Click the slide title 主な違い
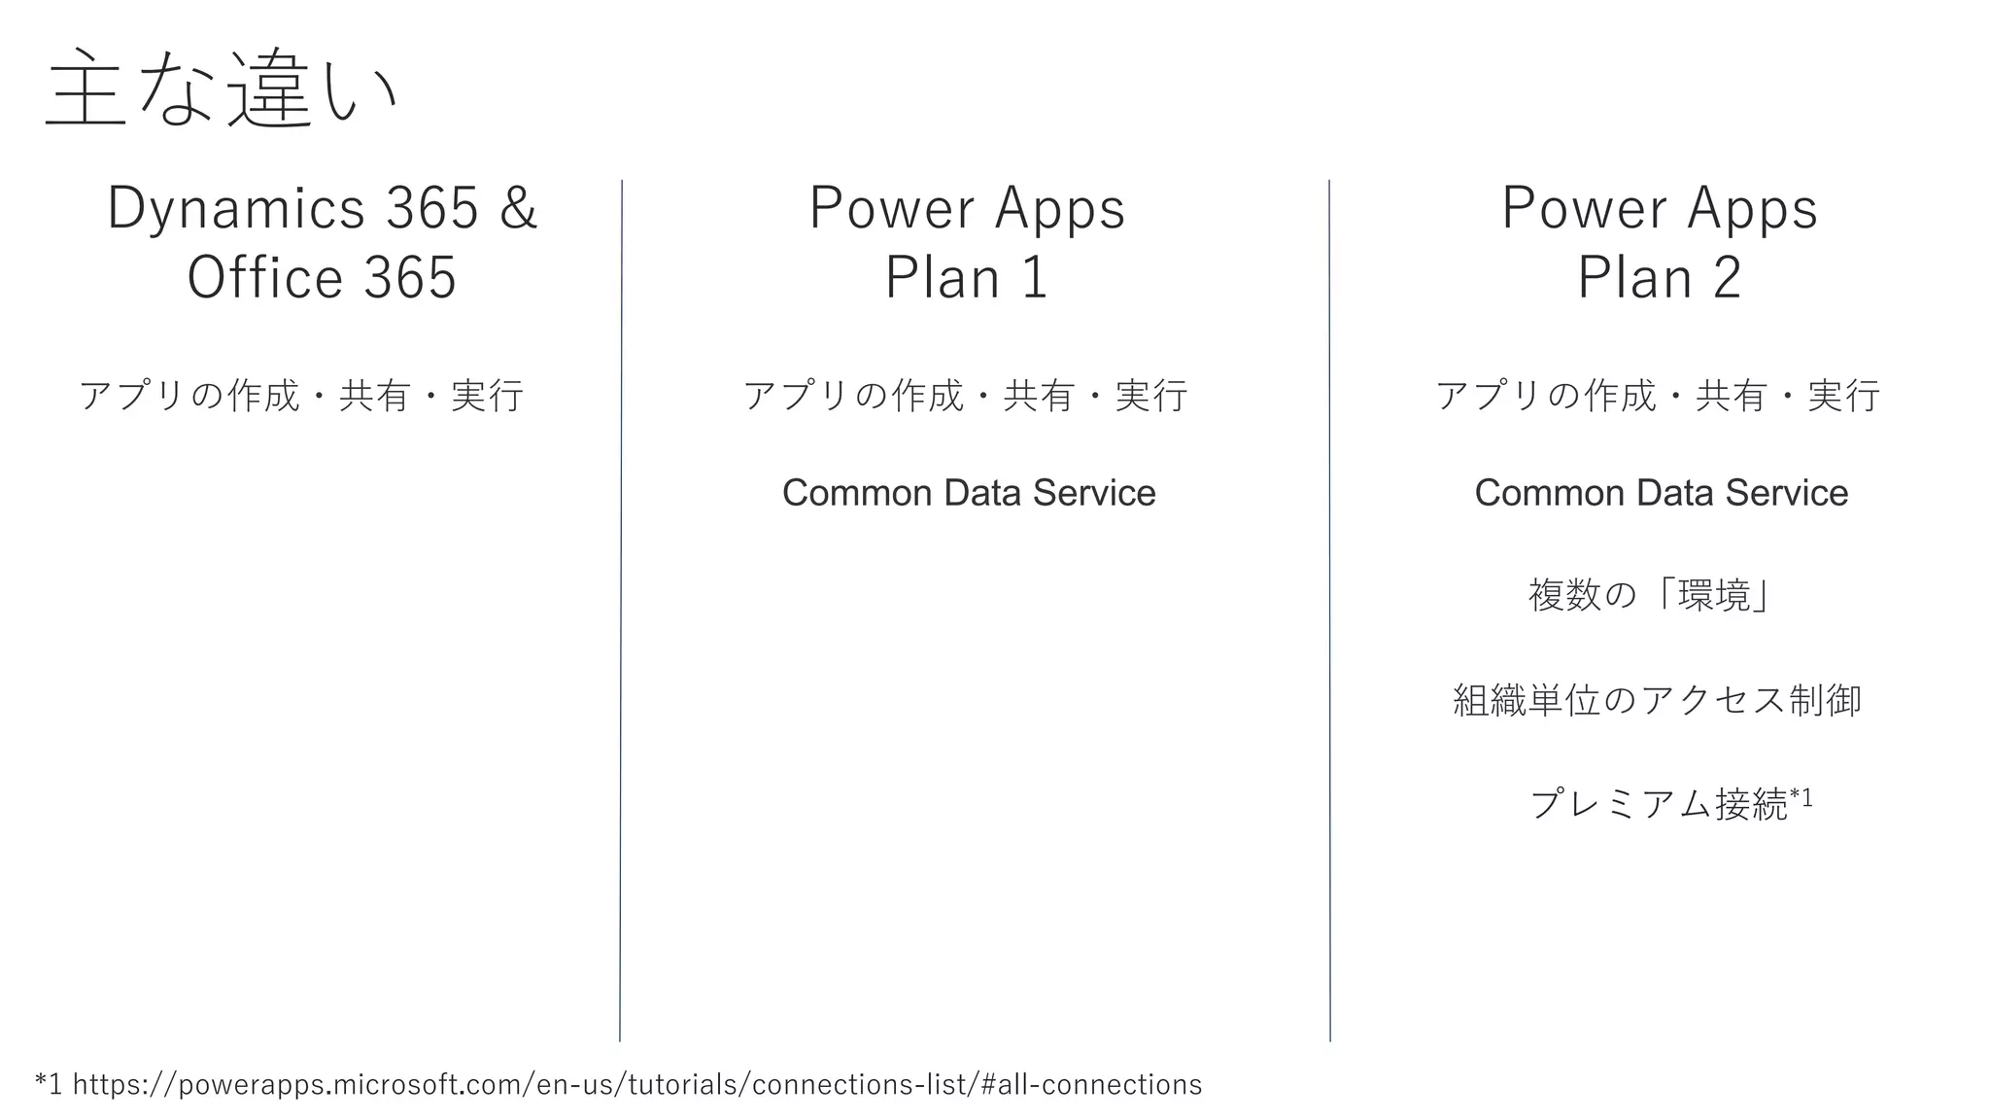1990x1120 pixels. tap(222, 89)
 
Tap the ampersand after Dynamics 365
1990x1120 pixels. tap(518, 208)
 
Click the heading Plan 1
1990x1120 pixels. tap(967, 278)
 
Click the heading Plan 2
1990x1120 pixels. tap(1659, 278)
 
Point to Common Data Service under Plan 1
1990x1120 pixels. tap(969, 493)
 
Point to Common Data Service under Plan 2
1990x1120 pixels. tap(1661, 493)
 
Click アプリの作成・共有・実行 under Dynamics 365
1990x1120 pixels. tap(301, 396)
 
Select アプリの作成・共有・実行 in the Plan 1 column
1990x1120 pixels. tap(965, 396)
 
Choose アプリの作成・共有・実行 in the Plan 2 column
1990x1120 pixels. tap(1658, 396)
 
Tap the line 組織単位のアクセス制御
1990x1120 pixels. tap(1657, 700)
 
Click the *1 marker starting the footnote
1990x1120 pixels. tap(49, 1084)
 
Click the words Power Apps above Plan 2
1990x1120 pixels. tap(1659, 208)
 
